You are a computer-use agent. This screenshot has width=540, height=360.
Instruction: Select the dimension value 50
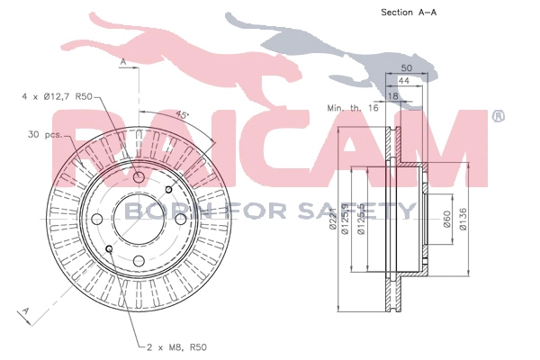[x=406, y=68]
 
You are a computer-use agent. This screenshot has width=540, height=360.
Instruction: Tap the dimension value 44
[x=404, y=81]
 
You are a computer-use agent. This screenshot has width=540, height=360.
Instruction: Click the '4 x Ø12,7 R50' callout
[x=56, y=95]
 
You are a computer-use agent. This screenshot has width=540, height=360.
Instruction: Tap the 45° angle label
[x=183, y=115]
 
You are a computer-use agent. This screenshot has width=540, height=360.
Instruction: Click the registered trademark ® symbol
[x=498, y=116]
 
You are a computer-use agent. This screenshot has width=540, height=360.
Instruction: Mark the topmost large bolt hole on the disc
[x=139, y=176]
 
